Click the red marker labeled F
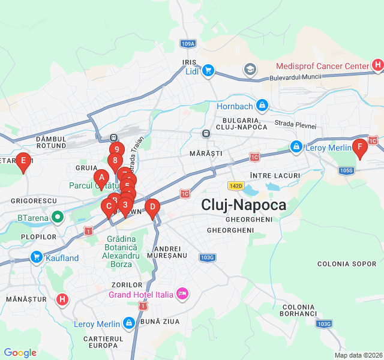[359, 147]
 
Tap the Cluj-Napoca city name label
[244, 205]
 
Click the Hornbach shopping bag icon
[262, 107]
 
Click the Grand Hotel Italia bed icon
[182, 294]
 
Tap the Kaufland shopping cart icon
[37, 258]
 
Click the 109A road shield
[187, 44]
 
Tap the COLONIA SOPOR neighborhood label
[347, 263]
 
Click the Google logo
[20, 353]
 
